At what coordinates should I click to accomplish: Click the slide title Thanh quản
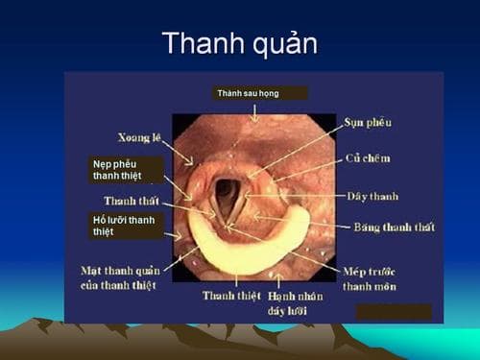(239, 44)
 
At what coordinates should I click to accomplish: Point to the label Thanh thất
(132, 201)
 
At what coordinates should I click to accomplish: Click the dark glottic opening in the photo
(228, 197)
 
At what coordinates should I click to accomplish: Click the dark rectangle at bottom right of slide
(393, 312)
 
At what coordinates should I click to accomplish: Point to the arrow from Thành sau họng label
(254, 111)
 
